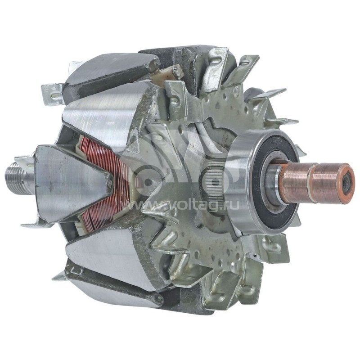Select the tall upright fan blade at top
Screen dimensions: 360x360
pyautogui.click(x=216, y=67)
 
